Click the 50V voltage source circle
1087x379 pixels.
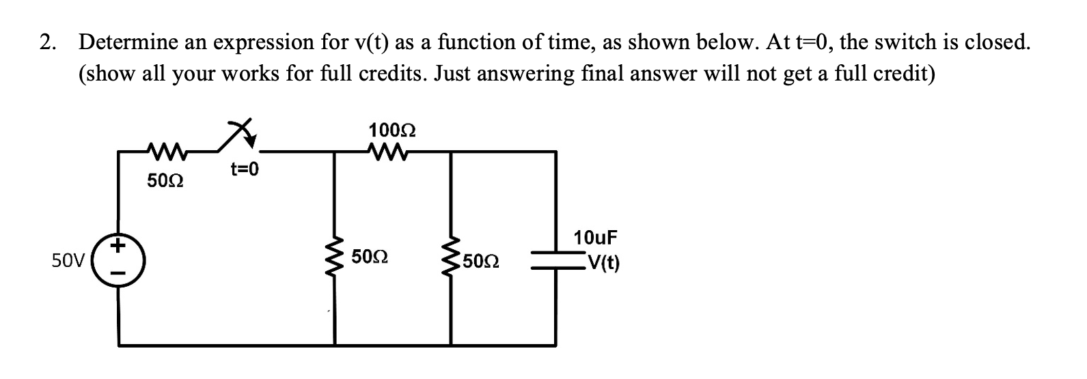[x=120, y=261]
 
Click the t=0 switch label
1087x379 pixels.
[x=245, y=169]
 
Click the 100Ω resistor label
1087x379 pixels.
[x=393, y=129]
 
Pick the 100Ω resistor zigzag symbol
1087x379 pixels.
[x=392, y=151]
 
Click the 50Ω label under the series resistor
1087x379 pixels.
[x=164, y=182]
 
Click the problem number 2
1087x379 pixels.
[x=46, y=42]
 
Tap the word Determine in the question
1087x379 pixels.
[x=127, y=42]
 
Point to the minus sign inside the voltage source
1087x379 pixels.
[x=120, y=275]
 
